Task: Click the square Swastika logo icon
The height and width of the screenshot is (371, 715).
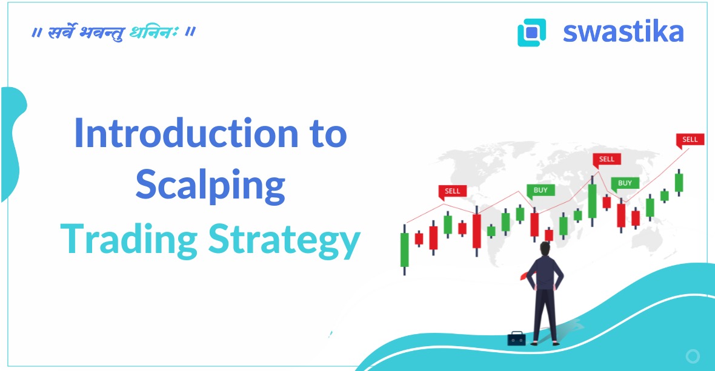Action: click(531, 32)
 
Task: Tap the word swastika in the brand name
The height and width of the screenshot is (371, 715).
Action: click(623, 31)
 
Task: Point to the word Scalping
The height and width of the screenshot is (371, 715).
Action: click(210, 186)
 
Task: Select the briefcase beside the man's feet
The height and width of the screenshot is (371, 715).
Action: click(516, 338)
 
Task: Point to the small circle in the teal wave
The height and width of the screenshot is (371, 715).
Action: click(693, 356)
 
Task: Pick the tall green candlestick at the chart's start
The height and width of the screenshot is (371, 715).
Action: click(404, 249)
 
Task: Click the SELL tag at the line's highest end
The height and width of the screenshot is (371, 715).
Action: click(690, 140)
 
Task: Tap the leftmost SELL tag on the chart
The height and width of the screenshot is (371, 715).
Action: click(452, 191)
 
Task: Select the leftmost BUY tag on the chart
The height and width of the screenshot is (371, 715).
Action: click(540, 191)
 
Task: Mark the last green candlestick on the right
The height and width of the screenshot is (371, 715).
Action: click(679, 182)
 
